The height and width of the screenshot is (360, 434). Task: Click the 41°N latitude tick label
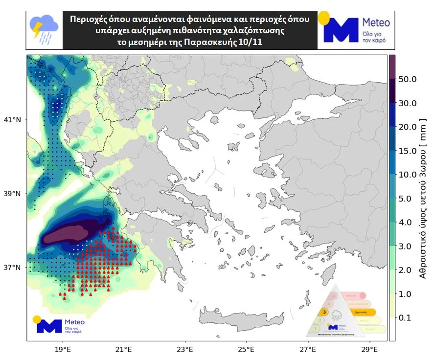click(x=13, y=119)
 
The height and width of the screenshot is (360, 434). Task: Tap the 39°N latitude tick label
click(x=13, y=194)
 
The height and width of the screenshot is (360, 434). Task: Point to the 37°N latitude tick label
click(x=13, y=268)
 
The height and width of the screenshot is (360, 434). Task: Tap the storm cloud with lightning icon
click(x=44, y=29)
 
